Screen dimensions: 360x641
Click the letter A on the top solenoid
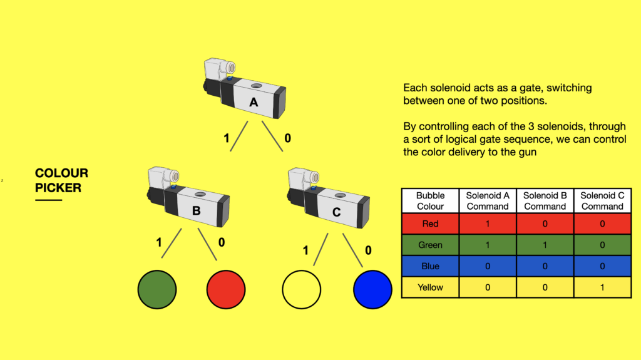pos(254,103)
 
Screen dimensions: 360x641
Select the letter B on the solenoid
pos(196,211)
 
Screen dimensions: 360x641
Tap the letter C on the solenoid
pos(336,212)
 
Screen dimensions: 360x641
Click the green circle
pos(156,290)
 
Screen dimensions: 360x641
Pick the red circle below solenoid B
pos(225,290)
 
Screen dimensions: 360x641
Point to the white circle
pos(301,290)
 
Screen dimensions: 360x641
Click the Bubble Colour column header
pos(430,201)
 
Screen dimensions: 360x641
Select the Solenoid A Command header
pos(488,201)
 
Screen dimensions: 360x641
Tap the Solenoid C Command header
pos(602,201)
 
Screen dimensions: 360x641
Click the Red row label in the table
pos(430,224)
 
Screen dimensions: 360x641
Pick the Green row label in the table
pos(430,245)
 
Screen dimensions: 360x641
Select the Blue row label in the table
pos(430,267)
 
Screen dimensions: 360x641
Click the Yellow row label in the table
pos(430,287)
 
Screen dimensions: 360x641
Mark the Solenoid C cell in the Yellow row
pos(602,287)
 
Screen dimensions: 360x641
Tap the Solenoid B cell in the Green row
pos(545,245)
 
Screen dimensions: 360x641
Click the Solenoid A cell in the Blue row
pos(488,267)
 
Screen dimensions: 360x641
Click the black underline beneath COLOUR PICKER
pos(49,200)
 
